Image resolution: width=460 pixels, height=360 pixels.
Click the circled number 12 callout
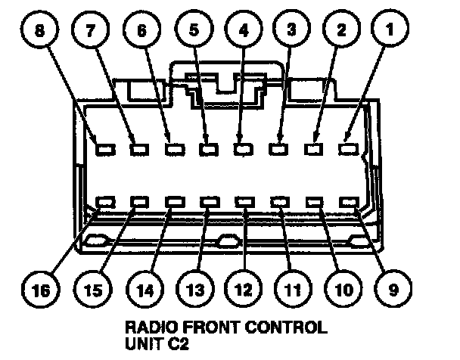(241, 288)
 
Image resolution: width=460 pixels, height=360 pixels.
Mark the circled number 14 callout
(141, 288)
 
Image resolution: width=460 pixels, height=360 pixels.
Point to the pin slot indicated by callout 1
(349, 149)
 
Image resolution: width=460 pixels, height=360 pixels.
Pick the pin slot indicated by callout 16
(104, 203)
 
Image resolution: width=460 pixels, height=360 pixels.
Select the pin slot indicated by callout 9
(349, 203)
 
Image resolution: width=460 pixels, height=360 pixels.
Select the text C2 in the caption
(176, 343)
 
